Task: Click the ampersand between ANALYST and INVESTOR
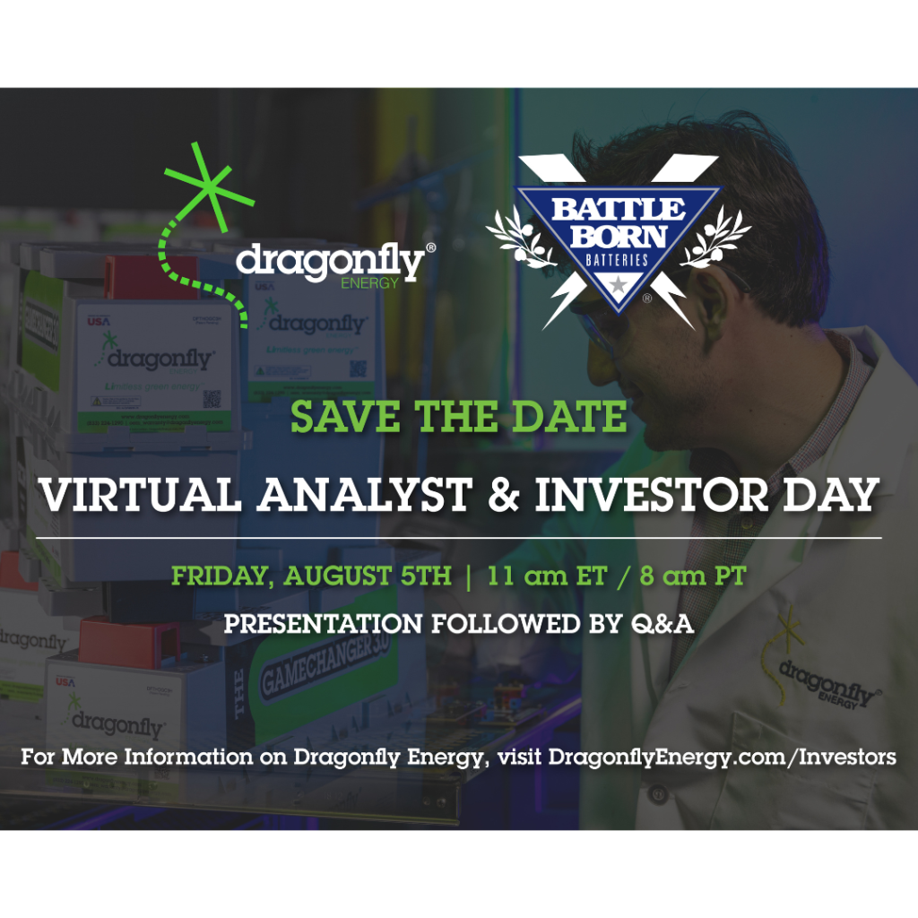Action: [506, 496]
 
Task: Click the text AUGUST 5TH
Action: [368, 576]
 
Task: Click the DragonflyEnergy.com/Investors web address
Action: [722, 757]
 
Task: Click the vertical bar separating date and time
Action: [469, 576]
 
